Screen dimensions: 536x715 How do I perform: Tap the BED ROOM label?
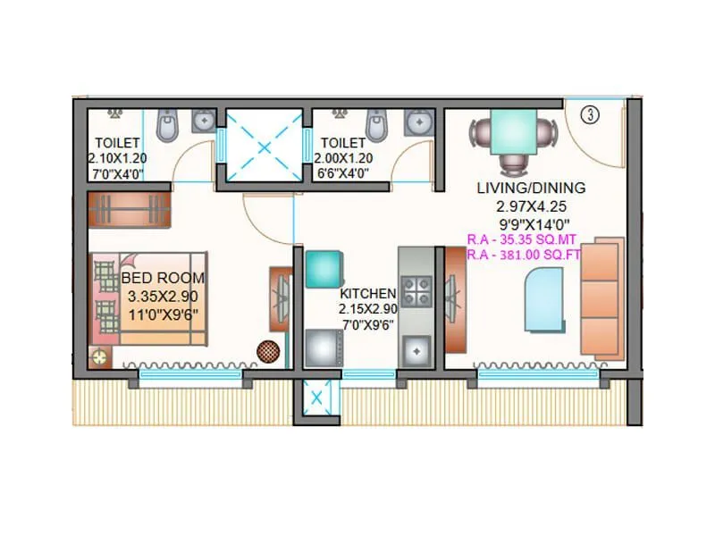(163, 278)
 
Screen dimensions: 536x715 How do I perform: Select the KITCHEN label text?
(367, 293)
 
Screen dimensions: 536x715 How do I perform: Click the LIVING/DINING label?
(531, 188)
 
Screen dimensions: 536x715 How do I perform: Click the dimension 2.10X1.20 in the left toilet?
(117, 157)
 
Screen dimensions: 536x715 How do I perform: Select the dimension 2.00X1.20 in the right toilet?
(343, 157)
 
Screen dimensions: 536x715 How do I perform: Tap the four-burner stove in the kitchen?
(416, 290)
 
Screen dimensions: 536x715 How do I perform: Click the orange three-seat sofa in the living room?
(601, 297)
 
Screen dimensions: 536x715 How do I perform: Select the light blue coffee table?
(542, 301)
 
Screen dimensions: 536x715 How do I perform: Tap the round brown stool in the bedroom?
(267, 350)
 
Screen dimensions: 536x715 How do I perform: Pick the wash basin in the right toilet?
(416, 120)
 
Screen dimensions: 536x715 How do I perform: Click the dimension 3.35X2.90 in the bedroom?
(163, 295)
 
